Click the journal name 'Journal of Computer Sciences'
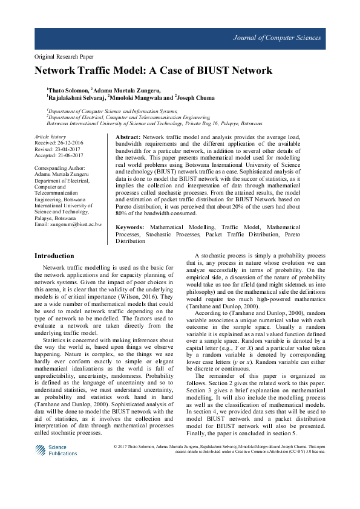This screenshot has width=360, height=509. click(277, 38)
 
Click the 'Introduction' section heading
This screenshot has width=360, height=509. click(55, 256)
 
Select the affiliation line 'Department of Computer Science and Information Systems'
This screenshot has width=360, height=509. click(113, 111)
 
